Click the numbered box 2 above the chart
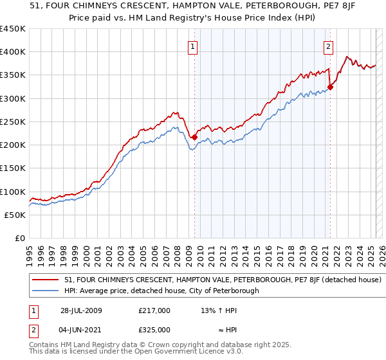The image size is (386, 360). coord(329,46)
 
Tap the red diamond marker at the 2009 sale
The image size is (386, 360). coord(194,137)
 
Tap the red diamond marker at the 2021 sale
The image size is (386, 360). coord(330,87)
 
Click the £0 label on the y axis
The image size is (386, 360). coord(20,239)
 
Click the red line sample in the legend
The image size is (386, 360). coord(46,280)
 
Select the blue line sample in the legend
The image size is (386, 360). coord(46,291)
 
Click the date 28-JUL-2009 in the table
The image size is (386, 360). coord(81,310)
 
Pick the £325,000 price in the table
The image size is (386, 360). coord(154,329)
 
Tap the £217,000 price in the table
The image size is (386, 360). coord(154,310)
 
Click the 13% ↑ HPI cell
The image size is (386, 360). coord(217,310)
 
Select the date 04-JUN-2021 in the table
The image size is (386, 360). coord(81,329)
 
